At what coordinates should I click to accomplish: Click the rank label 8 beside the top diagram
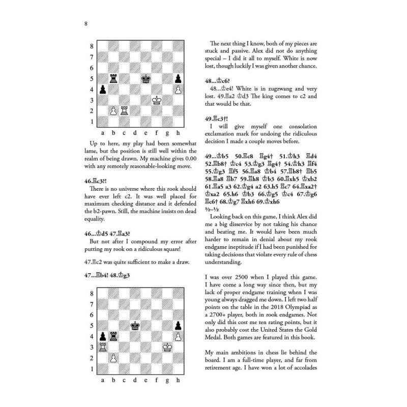92,46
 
